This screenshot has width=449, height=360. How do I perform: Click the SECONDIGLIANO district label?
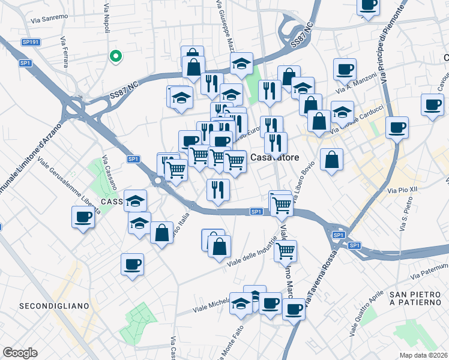[54, 306]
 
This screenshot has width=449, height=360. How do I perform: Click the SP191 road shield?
[30, 42]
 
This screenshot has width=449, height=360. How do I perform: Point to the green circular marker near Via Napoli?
[116, 56]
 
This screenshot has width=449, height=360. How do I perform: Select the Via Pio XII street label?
[402, 190]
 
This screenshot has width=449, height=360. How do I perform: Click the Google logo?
[20, 353]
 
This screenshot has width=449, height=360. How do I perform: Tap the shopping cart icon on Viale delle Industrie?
[286, 250]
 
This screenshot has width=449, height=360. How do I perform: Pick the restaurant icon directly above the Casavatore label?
[276, 142]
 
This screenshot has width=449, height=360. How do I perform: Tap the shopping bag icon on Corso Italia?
[161, 233]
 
